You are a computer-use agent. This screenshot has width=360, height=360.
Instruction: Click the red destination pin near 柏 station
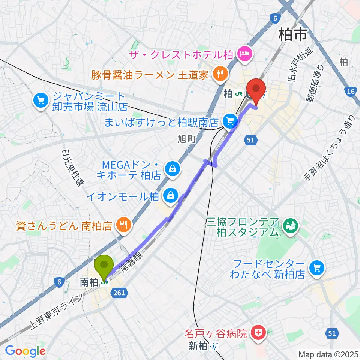click(x=257, y=89)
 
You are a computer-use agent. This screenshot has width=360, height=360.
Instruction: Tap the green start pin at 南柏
click(x=105, y=265)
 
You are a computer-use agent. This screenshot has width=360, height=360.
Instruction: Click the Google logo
click(x=25, y=351)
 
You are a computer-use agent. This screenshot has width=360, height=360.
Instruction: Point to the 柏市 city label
click(x=293, y=36)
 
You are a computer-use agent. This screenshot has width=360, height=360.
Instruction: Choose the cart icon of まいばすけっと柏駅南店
click(x=229, y=121)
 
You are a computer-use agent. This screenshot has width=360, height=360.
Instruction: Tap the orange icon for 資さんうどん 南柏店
click(x=123, y=225)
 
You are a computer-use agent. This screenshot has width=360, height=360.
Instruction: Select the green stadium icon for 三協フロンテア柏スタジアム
click(x=290, y=225)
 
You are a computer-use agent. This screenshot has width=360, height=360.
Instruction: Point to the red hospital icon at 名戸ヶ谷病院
click(x=259, y=332)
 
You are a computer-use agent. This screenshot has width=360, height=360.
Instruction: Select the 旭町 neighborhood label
click(x=187, y=139)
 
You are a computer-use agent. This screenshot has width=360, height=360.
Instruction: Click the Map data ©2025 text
click(x=328, y=354)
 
